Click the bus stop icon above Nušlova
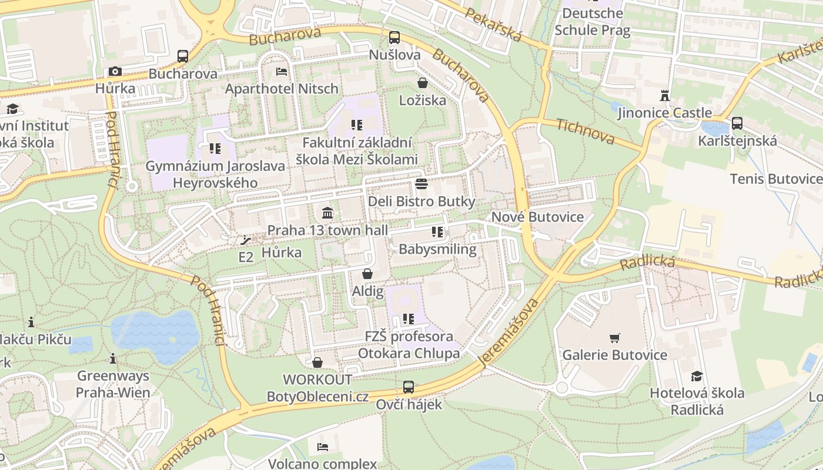[394, 38]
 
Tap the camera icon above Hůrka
[115, 72]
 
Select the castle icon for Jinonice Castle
[665, 95]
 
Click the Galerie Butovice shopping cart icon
[615, 338]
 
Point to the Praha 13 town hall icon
[327, 212]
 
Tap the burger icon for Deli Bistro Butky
[421, 184]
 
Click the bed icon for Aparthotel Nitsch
[282, 72]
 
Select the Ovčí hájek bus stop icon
[409, 387]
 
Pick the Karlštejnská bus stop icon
[737, 123]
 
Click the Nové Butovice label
[537, 217]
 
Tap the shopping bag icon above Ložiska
[422, 83]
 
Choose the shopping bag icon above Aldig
[367, 274]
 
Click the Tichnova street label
[585, 132]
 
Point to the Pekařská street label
[493, 25]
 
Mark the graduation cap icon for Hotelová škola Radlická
[697, 376]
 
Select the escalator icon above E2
[245, 240]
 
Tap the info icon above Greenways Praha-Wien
[113, 358]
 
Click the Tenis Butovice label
[775, 179]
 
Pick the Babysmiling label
[437, 249]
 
